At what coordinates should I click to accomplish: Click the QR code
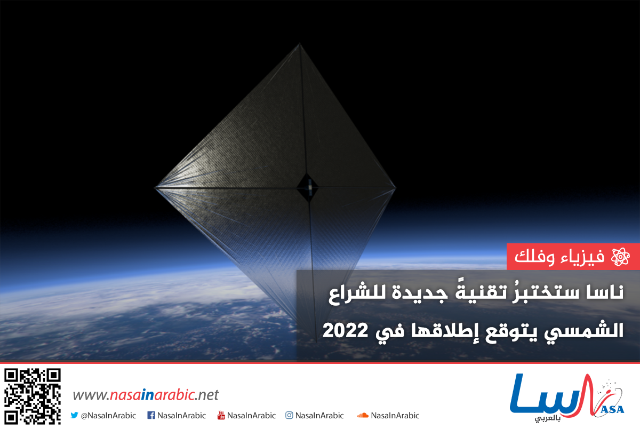coord(32,396)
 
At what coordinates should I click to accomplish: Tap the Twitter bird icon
coord(74,415)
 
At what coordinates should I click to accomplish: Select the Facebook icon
coord(151,415)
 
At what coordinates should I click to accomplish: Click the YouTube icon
coord(221,415)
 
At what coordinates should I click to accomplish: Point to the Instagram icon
coord(289,415)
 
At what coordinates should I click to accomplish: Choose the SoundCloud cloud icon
coord(363,415)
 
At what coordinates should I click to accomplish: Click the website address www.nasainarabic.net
coord(146,395)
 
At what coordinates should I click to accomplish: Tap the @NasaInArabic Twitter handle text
coord(108,415)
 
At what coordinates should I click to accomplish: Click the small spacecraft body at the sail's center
coord(308,186)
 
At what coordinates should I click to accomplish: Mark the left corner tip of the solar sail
coord(156,187)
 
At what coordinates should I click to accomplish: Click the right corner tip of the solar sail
coord(395,187)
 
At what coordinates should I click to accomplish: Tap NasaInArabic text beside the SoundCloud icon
coord(395,415)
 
